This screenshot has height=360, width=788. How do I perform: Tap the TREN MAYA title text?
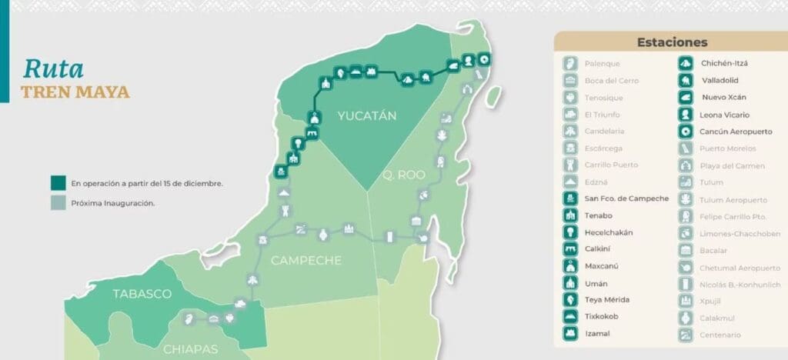coord(75,93)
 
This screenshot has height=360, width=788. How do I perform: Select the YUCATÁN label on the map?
coord(366,116)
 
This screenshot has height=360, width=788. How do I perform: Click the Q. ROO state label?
coord(403,175)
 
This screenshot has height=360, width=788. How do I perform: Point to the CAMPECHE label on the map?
coord(306,260)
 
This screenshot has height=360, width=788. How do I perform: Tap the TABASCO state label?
coord(142,294)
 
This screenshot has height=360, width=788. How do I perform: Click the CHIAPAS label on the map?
coord(191,349)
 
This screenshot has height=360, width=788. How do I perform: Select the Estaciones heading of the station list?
coord(672,42)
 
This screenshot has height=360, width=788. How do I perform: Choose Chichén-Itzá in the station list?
coord(724,63)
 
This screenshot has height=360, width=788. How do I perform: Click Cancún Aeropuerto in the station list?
coord(736,131)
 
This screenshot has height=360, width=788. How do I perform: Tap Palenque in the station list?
coord(602,63)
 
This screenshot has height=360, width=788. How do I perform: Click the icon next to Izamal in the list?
coord(570,333)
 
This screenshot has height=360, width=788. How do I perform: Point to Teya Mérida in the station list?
coord(607,299)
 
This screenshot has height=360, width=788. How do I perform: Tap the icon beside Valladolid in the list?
coord(685,80)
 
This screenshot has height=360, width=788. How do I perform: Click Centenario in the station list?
coord(720,335)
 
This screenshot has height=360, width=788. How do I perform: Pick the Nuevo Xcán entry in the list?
coord(723,97)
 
